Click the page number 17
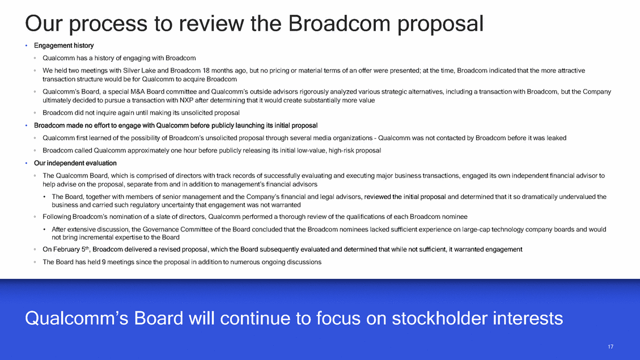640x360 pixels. point(611,346)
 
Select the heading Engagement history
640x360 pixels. point(63,45)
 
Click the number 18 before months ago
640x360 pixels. point(206,71)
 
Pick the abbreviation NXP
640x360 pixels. point(186,100)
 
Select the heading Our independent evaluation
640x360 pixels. point(75,163)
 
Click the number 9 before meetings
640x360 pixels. point(104,262)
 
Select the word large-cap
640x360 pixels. point(476,230)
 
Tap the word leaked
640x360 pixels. point(556,138)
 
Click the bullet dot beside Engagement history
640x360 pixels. point(27,46)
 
